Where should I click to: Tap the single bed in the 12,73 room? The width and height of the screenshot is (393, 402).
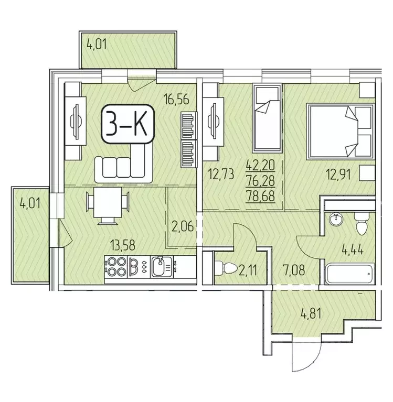[x=267, y=121]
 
